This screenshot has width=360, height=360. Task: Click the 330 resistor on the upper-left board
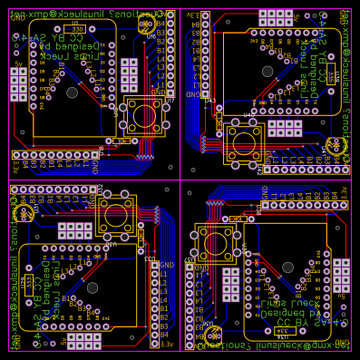(x=78, y=29)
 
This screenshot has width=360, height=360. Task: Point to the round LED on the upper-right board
(x=336, y=144)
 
